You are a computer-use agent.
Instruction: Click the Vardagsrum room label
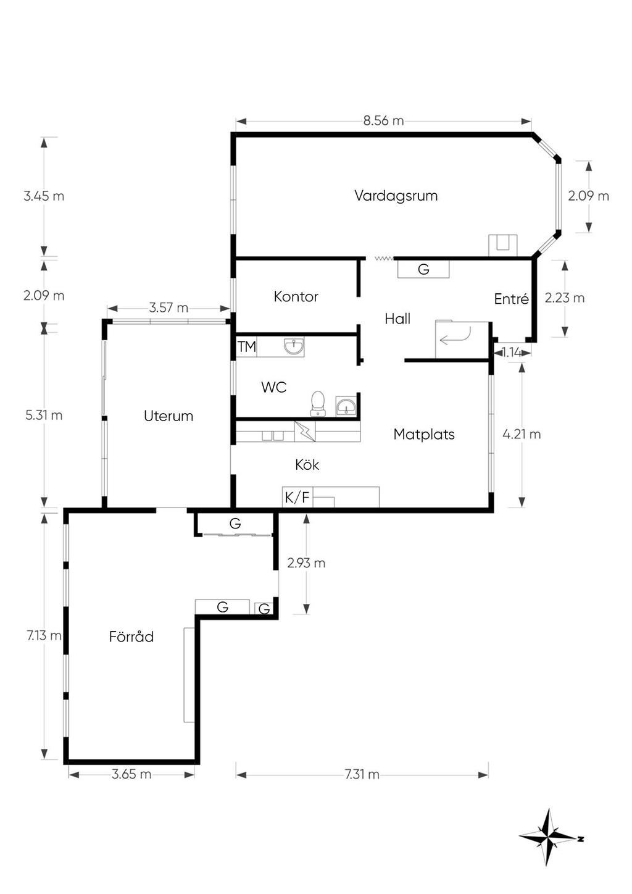point(396,196)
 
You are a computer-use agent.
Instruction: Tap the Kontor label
point(296,296)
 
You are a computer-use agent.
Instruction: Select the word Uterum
point(168,416)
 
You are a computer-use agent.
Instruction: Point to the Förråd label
point(131,637)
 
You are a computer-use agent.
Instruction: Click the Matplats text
point(423,434)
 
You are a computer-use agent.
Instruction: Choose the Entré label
point(511,299)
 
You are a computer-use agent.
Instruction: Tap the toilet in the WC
point(318,403)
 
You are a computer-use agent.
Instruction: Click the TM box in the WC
point(246,347)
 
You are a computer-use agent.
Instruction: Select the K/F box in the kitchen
point(297,497)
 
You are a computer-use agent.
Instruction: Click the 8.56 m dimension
point(383,120)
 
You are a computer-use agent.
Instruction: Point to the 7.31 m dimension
point(362,774)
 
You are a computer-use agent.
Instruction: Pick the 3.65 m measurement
point(131,774)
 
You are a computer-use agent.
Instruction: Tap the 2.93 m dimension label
point(306,563)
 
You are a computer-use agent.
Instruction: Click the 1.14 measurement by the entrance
point(512,353)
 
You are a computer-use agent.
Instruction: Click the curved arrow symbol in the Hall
point(455,336)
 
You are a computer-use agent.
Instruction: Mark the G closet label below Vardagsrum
point(423,269)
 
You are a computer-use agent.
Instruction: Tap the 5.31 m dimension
point(44,415)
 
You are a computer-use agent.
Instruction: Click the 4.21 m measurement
point(522,434)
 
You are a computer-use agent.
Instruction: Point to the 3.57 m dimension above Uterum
point(168,307)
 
